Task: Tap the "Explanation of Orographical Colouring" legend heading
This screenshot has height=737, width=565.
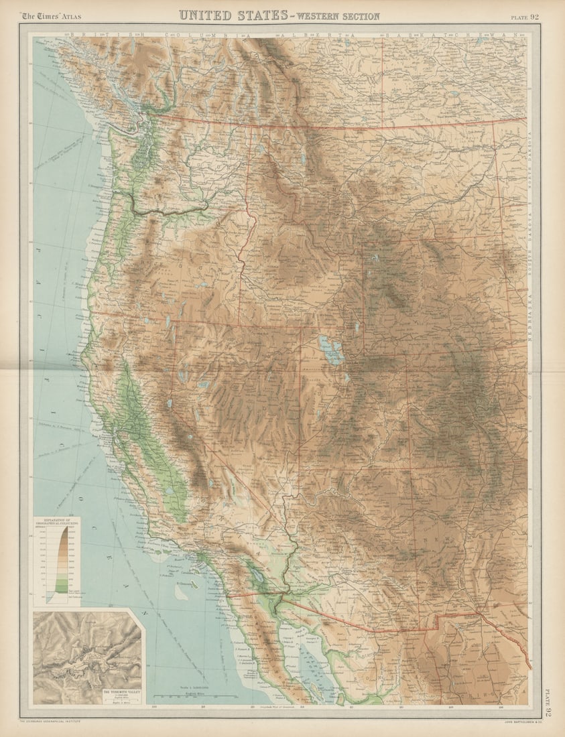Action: pyautogui.click(x=56, y=521)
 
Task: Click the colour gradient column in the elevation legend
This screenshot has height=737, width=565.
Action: pyautogui.click(x=63, y=559)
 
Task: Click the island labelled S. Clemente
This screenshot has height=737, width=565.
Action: pyautogui.click(x=182, y=593)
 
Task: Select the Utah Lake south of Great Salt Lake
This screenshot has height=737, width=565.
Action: pyautogui.click(x=347, y=379)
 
